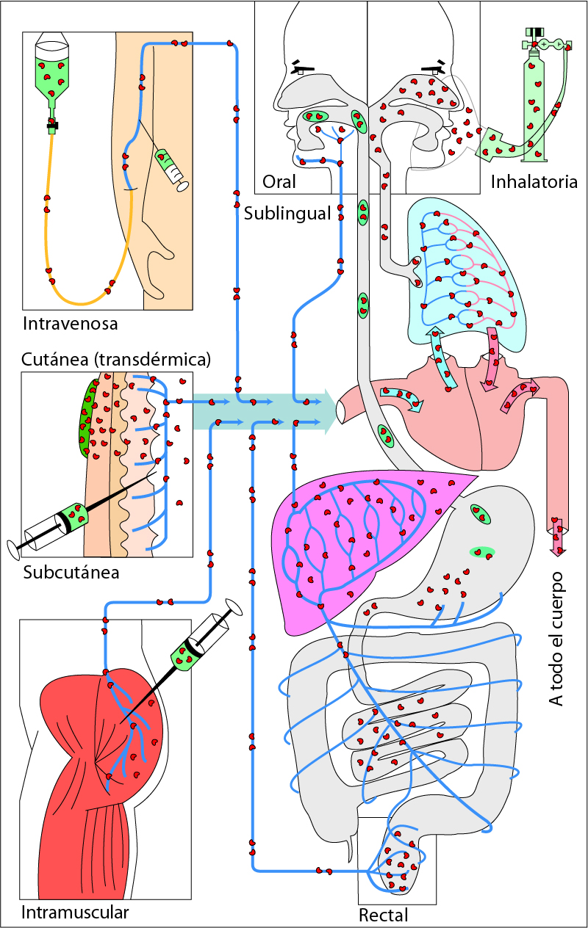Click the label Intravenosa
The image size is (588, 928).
click(x=70, y=323)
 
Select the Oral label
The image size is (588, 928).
click(x=279, y=181)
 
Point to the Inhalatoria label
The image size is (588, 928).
click(x=534, y=181)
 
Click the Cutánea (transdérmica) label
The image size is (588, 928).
click(x=116, y=360)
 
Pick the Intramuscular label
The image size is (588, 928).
click(x=75, y=913)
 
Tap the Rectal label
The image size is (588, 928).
click(x=383, y=915)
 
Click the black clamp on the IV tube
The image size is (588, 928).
click(x=52, y=126)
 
